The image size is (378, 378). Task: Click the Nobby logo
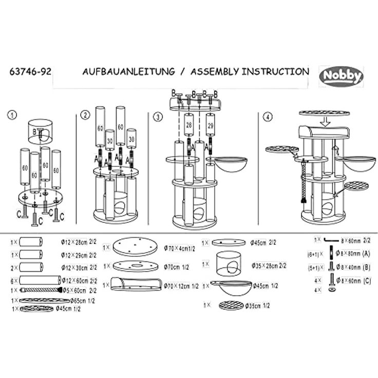[x=342, y=77]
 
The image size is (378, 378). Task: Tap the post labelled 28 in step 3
[x=188, y=126]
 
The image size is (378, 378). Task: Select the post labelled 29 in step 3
[x=210, y=126]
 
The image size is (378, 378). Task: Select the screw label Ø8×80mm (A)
[x=352, y=253]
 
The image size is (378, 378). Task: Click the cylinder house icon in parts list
[x=229, y=264]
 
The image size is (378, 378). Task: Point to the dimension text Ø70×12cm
[x=181, y=286]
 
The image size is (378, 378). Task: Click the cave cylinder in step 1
[x=41, y=132]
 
